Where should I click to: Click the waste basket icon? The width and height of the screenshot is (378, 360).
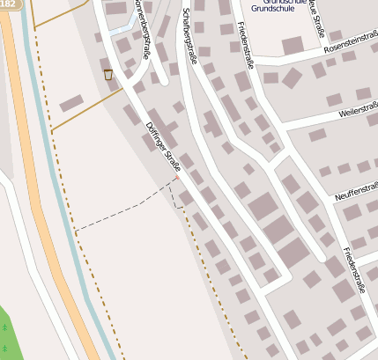tap(108, 75)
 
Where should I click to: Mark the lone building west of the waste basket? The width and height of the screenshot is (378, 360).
tap(71, 103)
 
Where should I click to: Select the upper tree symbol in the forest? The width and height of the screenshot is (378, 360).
tap(4, 327)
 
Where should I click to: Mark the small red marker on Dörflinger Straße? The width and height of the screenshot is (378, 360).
tap(176, 178)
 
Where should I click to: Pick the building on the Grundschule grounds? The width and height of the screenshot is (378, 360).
tap(293, 45)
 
